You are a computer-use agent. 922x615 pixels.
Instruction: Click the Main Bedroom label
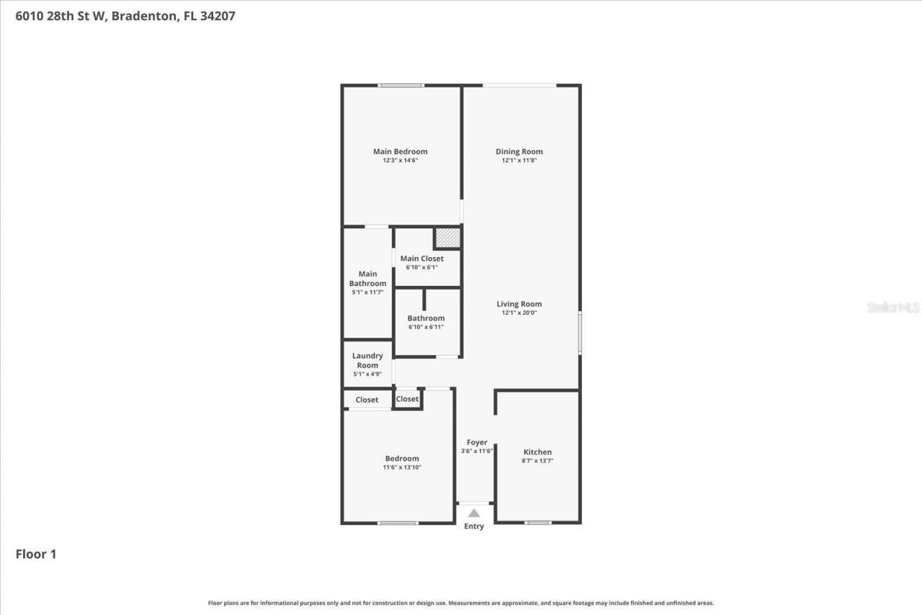(400, 151)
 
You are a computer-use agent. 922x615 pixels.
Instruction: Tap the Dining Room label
(519, 151)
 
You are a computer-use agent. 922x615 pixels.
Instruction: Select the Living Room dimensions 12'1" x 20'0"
(519, 313)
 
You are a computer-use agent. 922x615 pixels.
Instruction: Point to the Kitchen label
(537, 452)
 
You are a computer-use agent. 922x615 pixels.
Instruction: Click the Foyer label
(477, 442)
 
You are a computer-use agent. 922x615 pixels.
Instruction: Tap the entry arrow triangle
(474, 513)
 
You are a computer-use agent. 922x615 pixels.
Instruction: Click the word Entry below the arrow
(474, 526)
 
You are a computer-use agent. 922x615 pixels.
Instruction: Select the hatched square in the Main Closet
(447, 238)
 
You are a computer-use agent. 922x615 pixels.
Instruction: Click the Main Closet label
(421, 259)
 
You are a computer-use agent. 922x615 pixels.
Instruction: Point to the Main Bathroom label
(367, 279)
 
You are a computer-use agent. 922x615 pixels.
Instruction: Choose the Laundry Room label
(367, 360)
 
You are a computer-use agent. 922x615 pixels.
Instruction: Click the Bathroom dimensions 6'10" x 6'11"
(426, 327)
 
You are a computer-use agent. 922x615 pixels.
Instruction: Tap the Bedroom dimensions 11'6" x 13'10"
(402, 467)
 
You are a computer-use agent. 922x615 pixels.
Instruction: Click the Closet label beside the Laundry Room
(367, 400)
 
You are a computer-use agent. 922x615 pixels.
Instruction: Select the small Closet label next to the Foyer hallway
(407, 399)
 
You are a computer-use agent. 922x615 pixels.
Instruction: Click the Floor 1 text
(36, 554)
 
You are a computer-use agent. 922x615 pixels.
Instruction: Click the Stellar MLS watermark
(893, 307)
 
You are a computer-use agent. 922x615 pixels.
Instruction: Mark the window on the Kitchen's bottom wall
(538, 522)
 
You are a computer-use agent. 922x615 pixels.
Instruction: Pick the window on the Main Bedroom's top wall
(401, 86)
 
